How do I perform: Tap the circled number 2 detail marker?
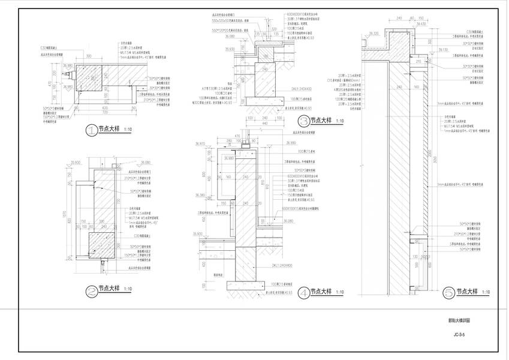(x=91, y=291)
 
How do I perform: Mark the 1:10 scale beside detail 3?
(x=339, y=121)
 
